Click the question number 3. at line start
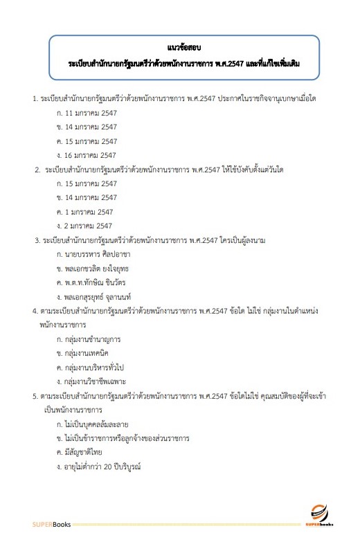coord(37,240)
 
